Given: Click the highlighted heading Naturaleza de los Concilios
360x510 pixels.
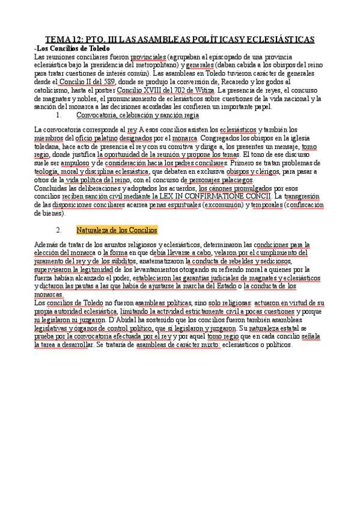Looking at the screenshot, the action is (117, 230).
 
